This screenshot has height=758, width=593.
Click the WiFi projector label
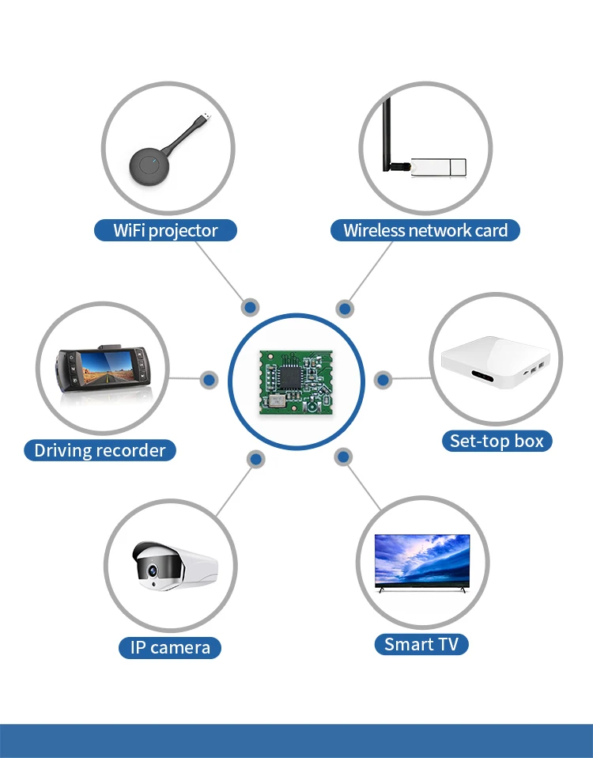[166, 230]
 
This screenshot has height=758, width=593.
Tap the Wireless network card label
[425, 230]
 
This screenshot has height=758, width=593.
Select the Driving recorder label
[100, 450]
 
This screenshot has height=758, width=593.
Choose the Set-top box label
[497, 441]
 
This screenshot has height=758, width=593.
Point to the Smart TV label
[421, 644]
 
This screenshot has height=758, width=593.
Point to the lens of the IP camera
[148, 567]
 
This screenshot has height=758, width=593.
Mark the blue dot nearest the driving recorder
[209, 380]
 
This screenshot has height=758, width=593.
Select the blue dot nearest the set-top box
[383, 380]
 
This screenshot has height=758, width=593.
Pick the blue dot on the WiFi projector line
[250, 306]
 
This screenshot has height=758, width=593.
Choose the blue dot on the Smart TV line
[343, 457]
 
